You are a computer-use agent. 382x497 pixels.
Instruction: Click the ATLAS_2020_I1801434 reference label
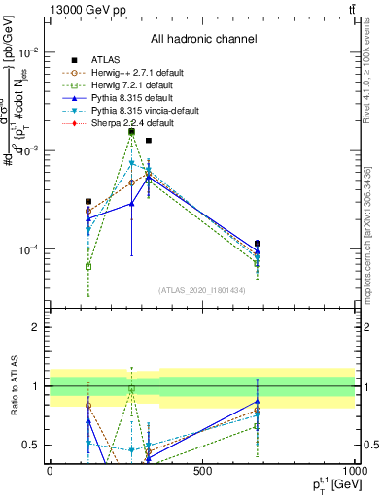202,290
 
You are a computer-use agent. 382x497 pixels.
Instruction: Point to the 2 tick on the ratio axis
38,328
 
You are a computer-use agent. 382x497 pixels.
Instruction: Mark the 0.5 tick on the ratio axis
34,445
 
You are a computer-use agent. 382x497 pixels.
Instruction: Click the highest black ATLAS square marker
132,131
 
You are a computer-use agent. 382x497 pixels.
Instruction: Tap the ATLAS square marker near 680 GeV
258,244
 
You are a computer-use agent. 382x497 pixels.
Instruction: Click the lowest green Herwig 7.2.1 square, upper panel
88,266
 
